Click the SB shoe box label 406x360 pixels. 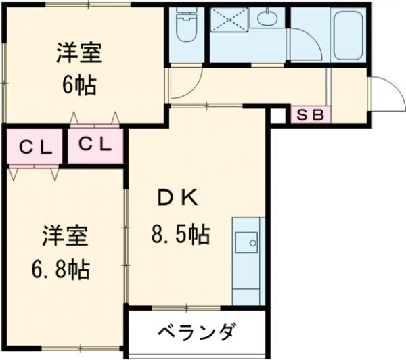pos(311,115)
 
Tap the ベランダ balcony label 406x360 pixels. pos(198,333)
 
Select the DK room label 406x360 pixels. pos(178,198)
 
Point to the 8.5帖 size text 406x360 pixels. pos(179,235)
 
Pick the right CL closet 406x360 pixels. pos(95,143)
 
